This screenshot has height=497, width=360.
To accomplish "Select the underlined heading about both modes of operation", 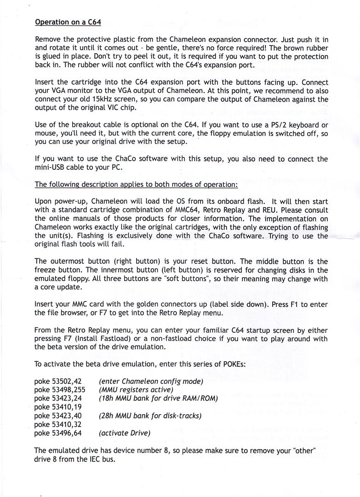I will point(136,185).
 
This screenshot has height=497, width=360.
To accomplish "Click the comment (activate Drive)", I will point(125,433).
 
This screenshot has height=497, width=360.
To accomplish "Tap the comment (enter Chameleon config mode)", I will point(151,381).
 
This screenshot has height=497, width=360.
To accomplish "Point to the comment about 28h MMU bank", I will point(150,416).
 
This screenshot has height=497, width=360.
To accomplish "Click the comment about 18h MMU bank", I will point(158,398).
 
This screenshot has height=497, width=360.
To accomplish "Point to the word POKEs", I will point(230,364).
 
